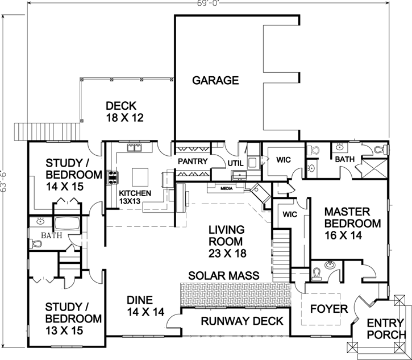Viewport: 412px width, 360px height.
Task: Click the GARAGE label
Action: tap(215, 80)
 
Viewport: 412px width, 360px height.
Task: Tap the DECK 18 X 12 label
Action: tap(123, 112)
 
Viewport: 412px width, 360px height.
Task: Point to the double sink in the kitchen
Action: tap(135, 149)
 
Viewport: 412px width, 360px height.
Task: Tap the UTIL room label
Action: tap(235, 163)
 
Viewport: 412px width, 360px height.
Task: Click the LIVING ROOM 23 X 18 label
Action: tap(226, 242)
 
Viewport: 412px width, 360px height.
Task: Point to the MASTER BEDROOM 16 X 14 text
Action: tap(352, 218)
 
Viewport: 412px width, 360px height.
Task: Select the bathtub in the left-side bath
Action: tap(67, 223)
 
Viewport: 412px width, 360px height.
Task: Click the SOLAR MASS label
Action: tap(225, 275)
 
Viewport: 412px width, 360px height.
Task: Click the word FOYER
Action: tap(328, 309)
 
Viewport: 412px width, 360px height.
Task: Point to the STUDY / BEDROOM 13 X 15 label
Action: tap(73, 313)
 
